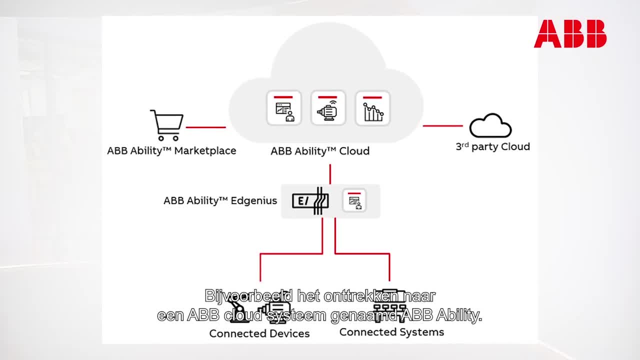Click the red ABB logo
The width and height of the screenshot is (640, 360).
(570, 34)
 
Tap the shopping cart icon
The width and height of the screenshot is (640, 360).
(166, 125)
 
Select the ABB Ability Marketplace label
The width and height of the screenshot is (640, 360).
(171, 150)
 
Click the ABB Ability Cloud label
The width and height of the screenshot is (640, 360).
(320, 151)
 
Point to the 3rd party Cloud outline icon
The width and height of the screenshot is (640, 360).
(490, 126)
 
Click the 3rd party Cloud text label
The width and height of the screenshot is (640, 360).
(492, 146)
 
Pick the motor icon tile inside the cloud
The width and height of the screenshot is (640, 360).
(328, 108)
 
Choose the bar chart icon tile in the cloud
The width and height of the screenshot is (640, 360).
(372, 108)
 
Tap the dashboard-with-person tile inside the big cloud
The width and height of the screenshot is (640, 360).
(284, 108)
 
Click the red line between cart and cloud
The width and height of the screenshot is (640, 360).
(205, 127)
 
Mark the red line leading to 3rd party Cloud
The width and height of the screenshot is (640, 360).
(442, 125)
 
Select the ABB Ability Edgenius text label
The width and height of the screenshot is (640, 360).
(220, 200)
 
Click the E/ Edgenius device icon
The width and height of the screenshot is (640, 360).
(310, 201)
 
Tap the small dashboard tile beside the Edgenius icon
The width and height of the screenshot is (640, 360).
(354, 201)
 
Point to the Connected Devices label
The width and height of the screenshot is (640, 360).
(259, 333)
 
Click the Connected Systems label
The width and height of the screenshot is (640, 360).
(391, 332)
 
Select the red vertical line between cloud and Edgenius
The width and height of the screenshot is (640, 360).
(330, 174)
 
